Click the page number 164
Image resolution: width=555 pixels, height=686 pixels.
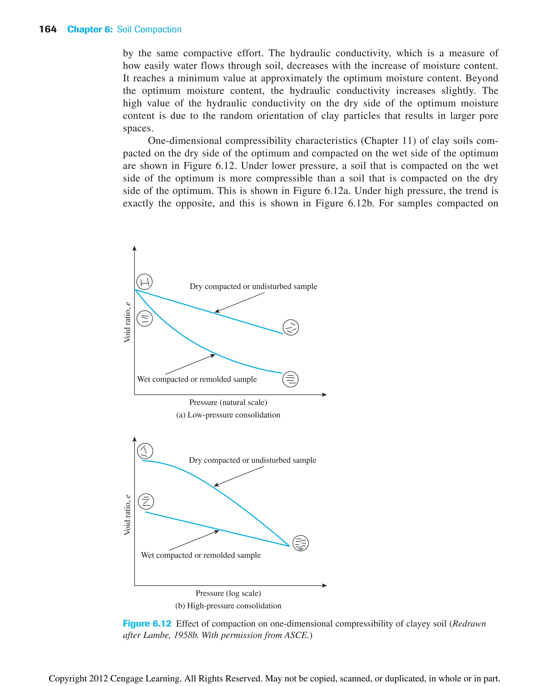(48, 30)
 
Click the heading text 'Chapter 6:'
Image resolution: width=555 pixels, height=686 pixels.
(90, 30)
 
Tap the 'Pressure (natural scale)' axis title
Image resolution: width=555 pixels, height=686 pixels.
(228, 402)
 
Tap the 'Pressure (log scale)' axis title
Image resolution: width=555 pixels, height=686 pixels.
(228, 593)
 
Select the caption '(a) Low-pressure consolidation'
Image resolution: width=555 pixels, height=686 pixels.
(228, 415)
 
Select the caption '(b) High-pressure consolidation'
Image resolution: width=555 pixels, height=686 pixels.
(228, 606)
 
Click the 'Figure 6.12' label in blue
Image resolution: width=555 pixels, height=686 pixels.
(147, 623)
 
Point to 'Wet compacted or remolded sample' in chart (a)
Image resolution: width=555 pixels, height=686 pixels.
(197, 379)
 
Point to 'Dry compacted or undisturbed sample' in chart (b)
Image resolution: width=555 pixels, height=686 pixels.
(252, 460)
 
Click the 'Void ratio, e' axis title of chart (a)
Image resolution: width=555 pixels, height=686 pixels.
(127, 322)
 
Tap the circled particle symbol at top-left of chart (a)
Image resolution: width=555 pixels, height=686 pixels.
(144, 282)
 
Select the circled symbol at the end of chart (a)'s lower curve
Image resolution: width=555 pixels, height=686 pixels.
(290, 379)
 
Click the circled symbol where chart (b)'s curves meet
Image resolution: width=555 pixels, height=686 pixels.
(301, 543)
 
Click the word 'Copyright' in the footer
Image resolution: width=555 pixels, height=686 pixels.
(67, 678)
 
